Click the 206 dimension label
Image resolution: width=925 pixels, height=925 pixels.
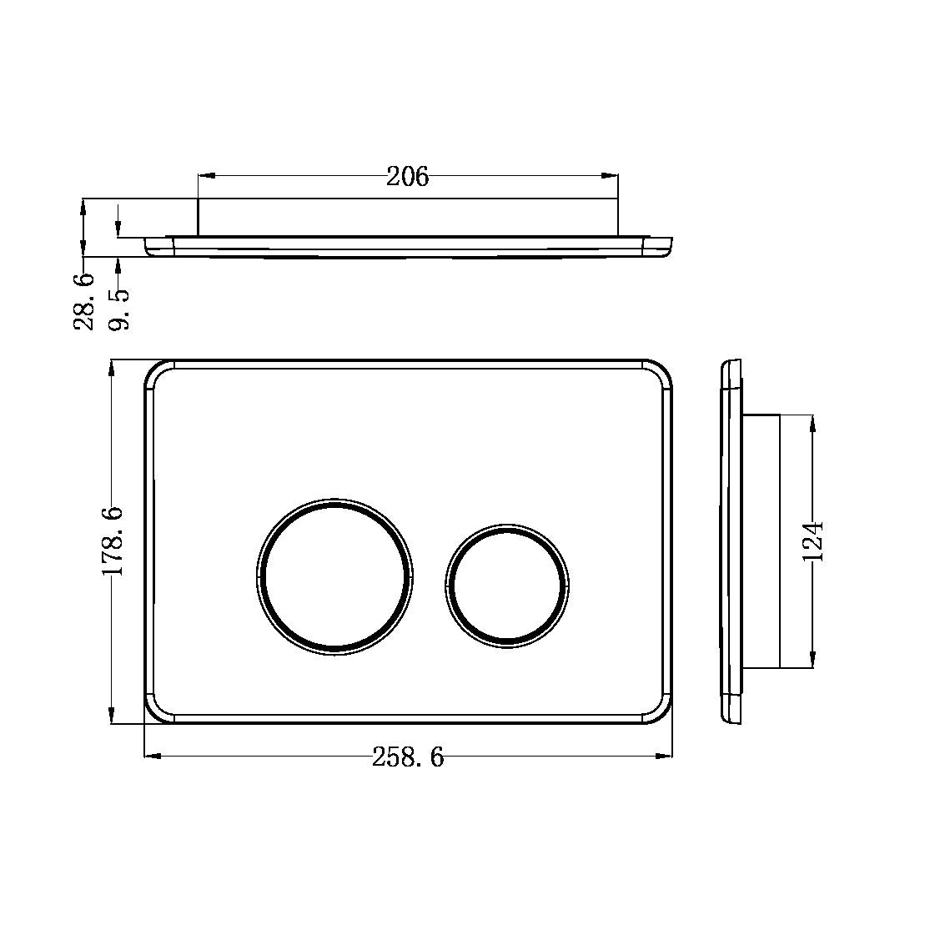(407, 177)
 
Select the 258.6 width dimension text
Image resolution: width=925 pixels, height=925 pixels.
(408, 757)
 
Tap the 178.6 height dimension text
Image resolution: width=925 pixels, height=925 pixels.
(113, 540)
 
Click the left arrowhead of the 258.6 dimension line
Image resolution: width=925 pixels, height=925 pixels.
(151, 757)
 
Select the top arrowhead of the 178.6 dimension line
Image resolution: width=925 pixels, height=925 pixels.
(112, 368)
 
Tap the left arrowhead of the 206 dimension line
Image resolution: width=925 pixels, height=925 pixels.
(204, 176)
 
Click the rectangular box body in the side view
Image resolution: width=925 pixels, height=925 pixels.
(761, 540)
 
